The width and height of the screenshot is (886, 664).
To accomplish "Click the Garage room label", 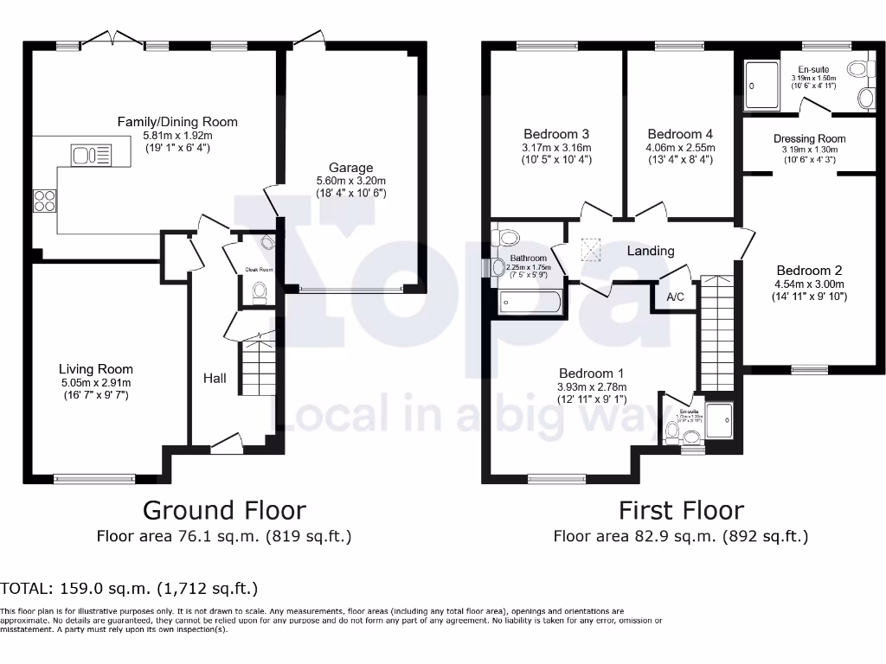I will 350,168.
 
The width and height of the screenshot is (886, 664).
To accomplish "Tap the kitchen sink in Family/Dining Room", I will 92,156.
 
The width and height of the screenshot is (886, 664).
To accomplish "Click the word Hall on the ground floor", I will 215,378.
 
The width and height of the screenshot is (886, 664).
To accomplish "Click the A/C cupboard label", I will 675,297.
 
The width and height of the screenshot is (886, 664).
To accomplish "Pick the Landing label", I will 651,251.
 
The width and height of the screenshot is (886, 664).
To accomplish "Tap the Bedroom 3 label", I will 556,134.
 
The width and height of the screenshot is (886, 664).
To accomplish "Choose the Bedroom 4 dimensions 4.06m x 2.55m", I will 680,147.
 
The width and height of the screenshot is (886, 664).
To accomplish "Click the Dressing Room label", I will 809,138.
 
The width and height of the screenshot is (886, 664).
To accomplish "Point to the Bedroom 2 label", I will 809,270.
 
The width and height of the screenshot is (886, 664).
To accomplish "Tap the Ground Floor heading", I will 224,510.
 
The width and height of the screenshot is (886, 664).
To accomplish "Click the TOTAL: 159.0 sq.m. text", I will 130,590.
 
